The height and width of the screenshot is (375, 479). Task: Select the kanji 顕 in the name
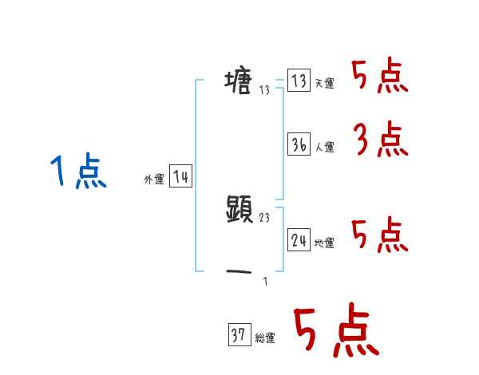pyautogui.click(x=239, y=210)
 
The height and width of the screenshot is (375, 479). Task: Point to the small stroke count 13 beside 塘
pyautogui.click(x=265, y=90)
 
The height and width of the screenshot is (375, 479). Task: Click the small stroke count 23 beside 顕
pyautogui.click(x=265, y=218)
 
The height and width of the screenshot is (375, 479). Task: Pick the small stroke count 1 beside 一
pyautogui.click(x=265, y=281)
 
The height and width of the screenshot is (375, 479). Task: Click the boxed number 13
pyautogui.click(x=299, y=81)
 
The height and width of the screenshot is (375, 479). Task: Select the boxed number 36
pyautogui.click(x=299, y=144)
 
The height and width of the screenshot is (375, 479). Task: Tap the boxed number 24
pyautogui.click(x=299, y=239)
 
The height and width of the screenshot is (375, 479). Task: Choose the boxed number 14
pyautogui.click(x=180, y=176)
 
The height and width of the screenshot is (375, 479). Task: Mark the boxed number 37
pyautogui.click(x=238, y=335)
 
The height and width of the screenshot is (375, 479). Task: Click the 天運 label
pyautogui.click(x=324, y=84)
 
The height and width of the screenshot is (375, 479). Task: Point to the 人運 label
pyautogui.click(x=324, y=148)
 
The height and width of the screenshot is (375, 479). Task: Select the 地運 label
pyautogui.click(x=324, y=243)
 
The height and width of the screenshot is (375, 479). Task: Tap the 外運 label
pyautogui.click(x=154, y=180)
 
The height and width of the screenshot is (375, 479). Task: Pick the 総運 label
pyautogui.click(x=265, y=338)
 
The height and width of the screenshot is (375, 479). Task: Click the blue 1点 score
pyautogui.click(x=77, y=172)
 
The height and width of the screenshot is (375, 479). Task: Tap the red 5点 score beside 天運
pyautogui.click(x=380, y=77)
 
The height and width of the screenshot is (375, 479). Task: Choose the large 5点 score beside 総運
pyautogui.click(x=335, y=331)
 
